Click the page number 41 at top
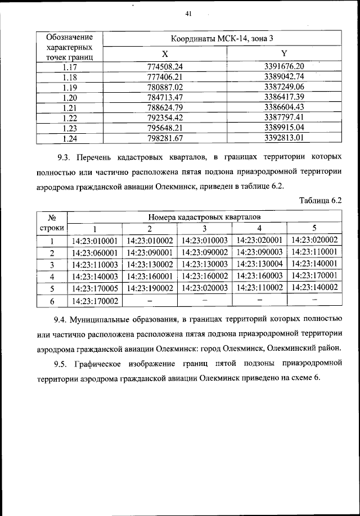click(188, 14)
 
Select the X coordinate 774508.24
click(165, 66)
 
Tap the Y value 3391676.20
click(284, 66)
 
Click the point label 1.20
click(70, 96)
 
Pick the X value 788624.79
click(165, 106)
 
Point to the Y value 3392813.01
click(284, 137)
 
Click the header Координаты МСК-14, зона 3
click(224, 39)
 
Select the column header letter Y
click(284, 54)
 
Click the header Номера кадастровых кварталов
click(204, 216)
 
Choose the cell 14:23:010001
click(94, 241)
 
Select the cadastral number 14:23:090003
click(259, 252)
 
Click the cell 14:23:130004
click(259, 264)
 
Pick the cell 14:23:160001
click(149, 276)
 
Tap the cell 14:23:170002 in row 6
click(94, 301)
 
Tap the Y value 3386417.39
click(284, 96)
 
